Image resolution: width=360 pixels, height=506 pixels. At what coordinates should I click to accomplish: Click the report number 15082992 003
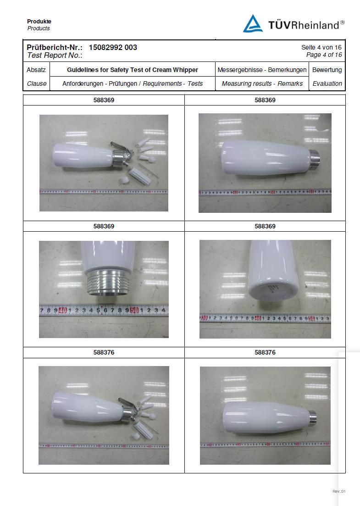pyautogui.click(x=113, y=47)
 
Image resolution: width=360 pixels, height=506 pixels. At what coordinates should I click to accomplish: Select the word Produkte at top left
pyautogui.click(x=39, y=22)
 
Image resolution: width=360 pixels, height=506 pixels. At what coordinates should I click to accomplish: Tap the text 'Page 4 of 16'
pyautogui.click(x=324, y=55)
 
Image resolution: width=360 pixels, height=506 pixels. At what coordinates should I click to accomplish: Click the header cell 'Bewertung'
pyautogui.click(x=327, y=70)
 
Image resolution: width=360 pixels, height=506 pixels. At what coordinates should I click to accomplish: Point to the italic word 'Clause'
pyautogui.click(x=37, y=83)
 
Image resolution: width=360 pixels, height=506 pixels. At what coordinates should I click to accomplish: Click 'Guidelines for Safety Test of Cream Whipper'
pyautogui.click(x=133, y=70)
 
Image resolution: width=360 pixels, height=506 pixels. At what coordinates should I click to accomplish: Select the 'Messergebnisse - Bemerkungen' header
pyautogui.click(x=262, y=70)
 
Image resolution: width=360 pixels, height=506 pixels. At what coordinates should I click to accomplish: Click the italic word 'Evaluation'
pyautogui.click(x=327, y=83)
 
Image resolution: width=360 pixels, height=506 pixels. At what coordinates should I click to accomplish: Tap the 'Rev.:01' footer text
pyautogui.click(x=339, y=491)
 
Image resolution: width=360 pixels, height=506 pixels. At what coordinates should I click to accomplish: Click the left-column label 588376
pyautogui.click(x=104, y=352)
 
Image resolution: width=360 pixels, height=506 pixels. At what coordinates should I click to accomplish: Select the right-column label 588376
pyautogui.click(x=265, y=352)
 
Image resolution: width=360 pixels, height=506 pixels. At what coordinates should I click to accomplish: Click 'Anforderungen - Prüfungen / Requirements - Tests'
pyautogui.click(x=133, y=83)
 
